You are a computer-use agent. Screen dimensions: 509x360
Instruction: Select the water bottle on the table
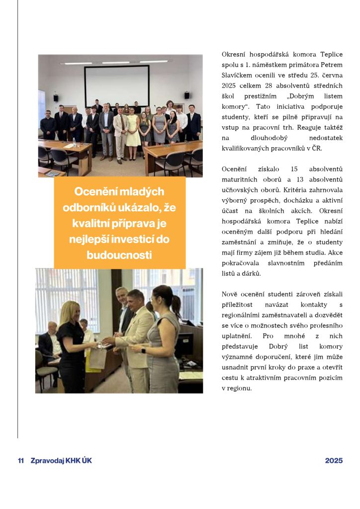pyautogui.click(x=74, y=143)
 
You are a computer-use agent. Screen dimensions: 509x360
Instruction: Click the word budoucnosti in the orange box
pyautogui.click(x=119, y=255)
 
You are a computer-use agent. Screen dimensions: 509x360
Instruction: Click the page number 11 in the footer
pyautogui.click(x=21, y=460)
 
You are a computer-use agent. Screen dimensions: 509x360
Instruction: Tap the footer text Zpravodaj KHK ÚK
pyautogui.click(x=61, y=460)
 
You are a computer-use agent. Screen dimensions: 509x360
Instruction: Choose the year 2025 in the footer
pyautogui.click(x=334, y=460)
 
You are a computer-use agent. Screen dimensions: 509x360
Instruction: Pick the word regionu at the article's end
pyautogui.click(x=239, y=388)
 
